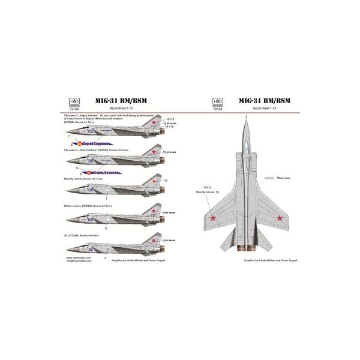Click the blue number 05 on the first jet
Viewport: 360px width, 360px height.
tap(91, 131)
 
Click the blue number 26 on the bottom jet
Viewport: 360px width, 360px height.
tap(91, 248)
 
